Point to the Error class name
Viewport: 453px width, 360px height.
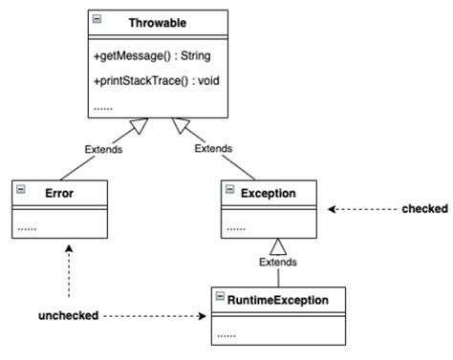(x=59, y=193)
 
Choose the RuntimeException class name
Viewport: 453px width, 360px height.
(x=278, y=300)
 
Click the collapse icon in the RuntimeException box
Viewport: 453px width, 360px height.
(x=219, y=300)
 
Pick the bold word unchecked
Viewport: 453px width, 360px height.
(x=68, y=315)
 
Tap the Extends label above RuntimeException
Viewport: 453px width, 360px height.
(x=278, y=262)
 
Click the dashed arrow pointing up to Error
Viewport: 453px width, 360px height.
(x=68, y=272)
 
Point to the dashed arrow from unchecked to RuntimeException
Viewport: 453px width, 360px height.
(x=153, y=315)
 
